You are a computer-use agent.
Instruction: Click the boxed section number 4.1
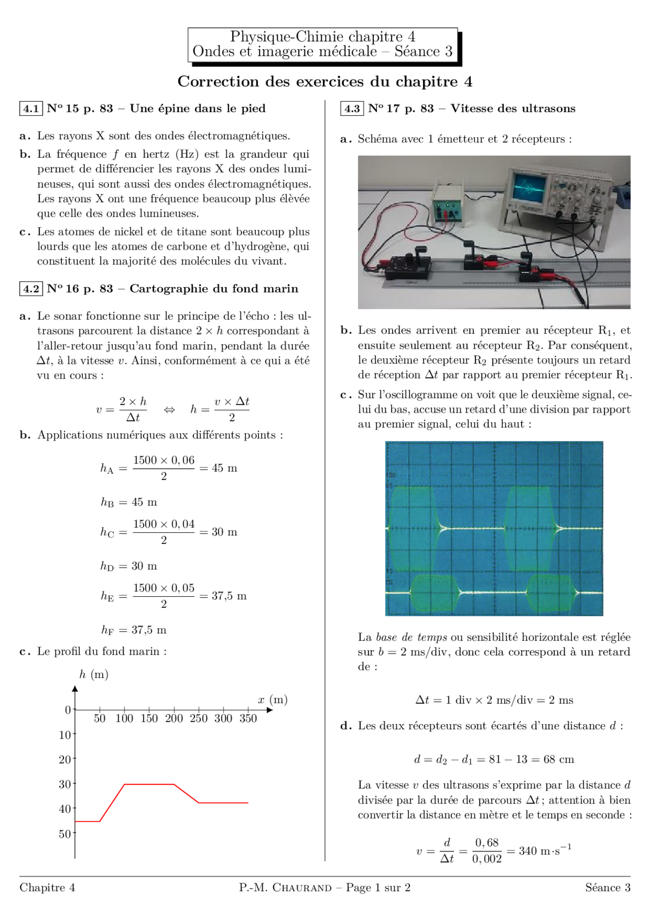click(31, 109)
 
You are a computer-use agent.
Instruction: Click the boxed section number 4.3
click(352, 109)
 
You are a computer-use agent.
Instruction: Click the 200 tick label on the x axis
click(174, 719)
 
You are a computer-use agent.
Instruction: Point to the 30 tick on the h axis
click(65, 785)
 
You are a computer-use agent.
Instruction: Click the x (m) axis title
click(273, 700)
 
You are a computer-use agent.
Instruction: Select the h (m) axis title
click(93, 674)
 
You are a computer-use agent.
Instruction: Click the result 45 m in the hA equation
click(224, 468)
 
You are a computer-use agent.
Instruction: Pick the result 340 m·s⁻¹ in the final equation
click(545, 850)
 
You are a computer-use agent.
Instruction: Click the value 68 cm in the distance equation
click(559, 759)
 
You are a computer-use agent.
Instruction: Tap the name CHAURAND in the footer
click(302, 888)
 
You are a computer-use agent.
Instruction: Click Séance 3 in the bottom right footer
click(607, 888)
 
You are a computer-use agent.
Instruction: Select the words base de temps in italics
click(411, 637)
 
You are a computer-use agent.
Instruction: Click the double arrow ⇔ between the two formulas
click(169, 410)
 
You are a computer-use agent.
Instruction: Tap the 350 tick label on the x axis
click(248, 719)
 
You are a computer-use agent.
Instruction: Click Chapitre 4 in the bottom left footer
click(47, 888)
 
